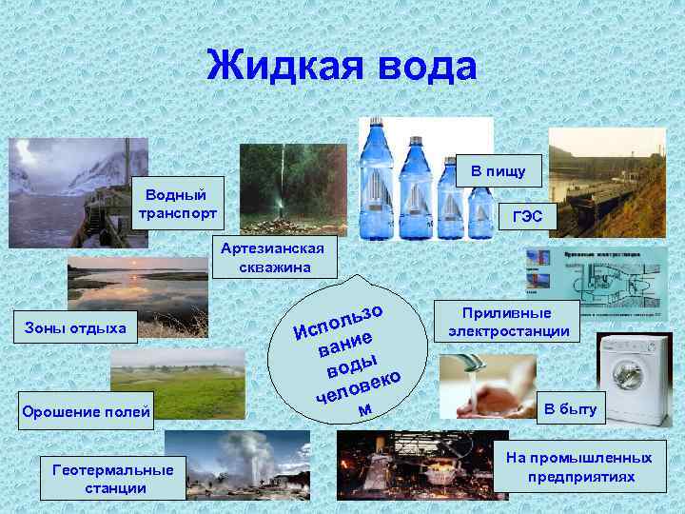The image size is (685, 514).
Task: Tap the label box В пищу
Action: [499, 170]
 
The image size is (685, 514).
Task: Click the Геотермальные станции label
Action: [113, 479]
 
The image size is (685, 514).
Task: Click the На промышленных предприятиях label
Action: [585, 466]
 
